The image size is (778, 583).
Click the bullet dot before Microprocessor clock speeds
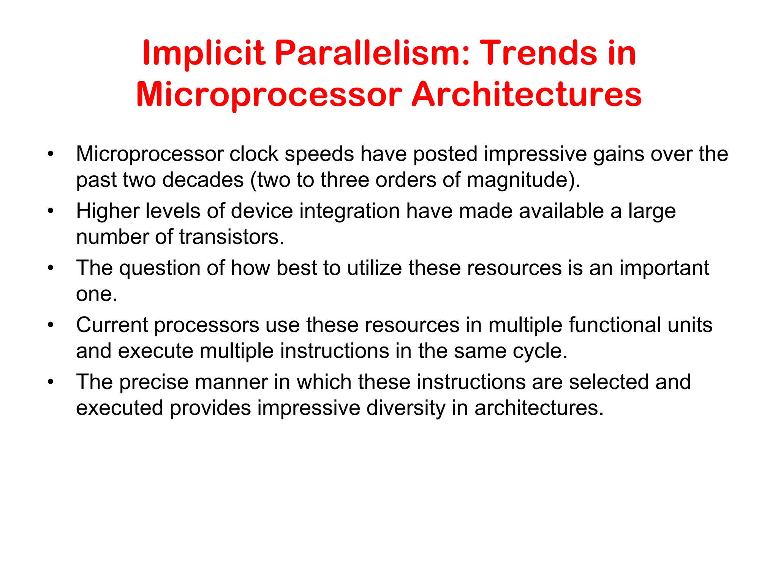[x=51, y=154]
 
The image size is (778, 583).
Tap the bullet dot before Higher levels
[x=51, y=211]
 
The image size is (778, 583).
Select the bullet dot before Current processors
[x=51, y=325]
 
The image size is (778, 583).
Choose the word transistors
[x=231, y=237]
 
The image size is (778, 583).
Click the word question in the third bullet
[x=160, y=268]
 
